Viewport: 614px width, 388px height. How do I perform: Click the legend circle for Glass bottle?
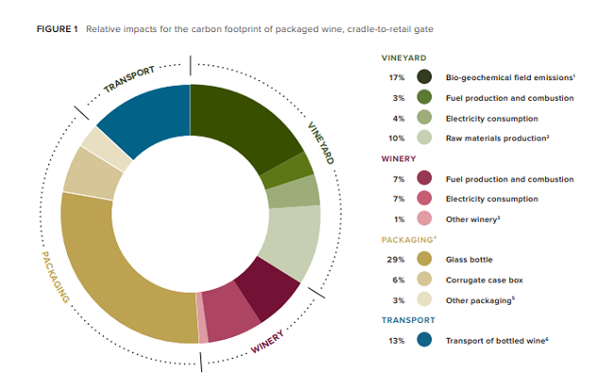tap(425, 260)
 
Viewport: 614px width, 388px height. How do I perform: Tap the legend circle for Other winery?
tap(425, 219)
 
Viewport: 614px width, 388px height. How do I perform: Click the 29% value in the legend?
tap(397, 260)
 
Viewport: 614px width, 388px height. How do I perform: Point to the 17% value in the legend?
tap(397, 77)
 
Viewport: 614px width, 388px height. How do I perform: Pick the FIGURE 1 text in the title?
tap(58, 29)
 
